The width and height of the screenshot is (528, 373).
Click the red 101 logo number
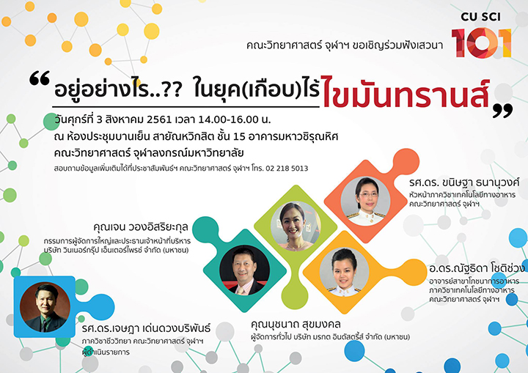(482, 43)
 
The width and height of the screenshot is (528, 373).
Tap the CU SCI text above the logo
(481, 17)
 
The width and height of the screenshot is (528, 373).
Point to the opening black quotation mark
(40, 78)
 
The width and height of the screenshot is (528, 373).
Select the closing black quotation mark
(502, 111)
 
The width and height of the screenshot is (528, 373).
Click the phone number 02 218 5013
(287, 169)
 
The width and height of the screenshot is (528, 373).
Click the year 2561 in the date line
(157, 119)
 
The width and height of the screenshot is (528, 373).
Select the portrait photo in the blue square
(45, 307)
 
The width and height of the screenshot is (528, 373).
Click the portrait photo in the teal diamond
(244, 271)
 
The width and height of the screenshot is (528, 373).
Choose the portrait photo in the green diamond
(296, 226)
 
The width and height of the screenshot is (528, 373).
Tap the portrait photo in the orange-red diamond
(365, 201)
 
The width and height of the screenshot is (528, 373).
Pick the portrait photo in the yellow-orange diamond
(344, 272)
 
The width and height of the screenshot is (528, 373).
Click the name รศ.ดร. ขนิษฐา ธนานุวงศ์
(464, 182)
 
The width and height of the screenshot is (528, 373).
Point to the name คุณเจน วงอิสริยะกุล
(141, 227)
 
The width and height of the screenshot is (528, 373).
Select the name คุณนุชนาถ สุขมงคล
(296, 325)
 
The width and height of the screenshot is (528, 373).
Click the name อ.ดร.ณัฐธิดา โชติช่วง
(477, 268)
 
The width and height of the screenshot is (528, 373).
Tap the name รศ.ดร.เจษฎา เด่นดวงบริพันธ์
(146, 328)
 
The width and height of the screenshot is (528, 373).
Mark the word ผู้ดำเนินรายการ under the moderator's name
(106, 352)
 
